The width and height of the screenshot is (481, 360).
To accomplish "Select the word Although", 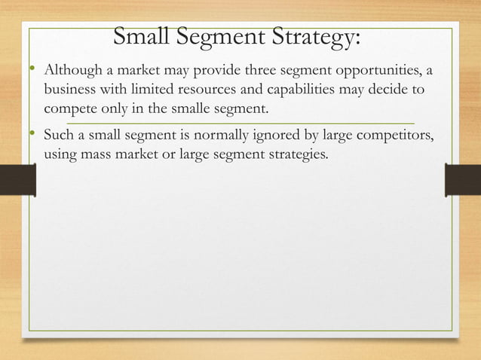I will (72, 72).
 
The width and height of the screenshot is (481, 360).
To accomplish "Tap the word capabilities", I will (291, 90).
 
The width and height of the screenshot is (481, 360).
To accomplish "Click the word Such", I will (59, 136).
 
